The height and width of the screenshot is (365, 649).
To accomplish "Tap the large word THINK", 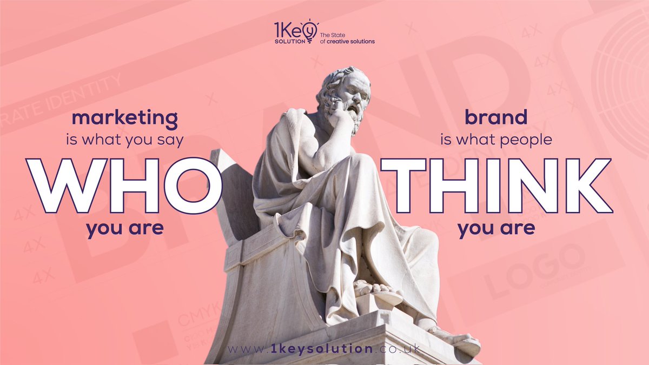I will point(496,185).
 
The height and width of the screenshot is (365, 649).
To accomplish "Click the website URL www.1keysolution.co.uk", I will point(324,349).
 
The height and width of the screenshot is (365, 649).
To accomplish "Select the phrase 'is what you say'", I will point(125,140).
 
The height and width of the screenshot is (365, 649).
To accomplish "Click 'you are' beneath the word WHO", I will point(125,229).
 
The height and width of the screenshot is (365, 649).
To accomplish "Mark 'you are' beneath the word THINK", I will point(496,229).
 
